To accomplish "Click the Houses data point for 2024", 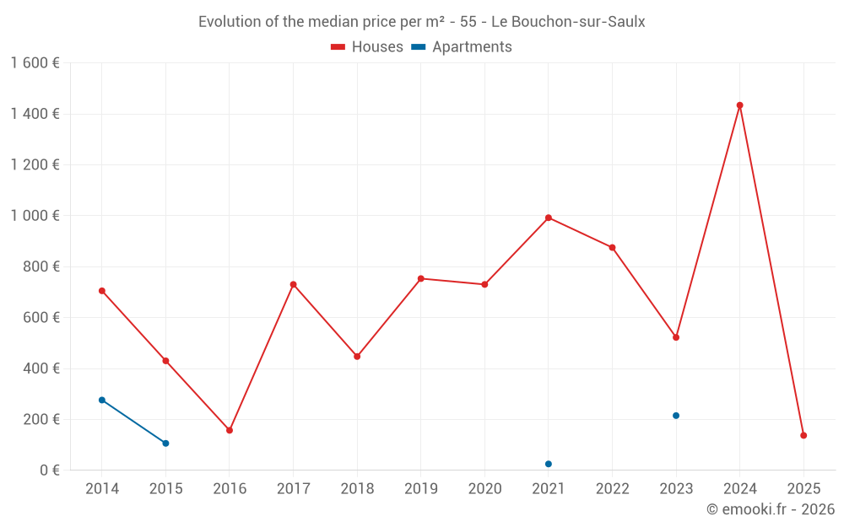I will [x=740, y=105].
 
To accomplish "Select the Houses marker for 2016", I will [x=230, y=430].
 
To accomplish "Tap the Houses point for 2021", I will [x=549, y=218].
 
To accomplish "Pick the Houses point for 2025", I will [x=803, y=435].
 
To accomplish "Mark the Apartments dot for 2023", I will [x=676, y=416].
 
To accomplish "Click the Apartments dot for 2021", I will [x=549, y=464].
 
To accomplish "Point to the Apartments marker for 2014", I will [x=102, y=400].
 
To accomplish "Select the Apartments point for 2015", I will [x=165, y=444].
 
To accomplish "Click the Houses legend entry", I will [x=367, y=47].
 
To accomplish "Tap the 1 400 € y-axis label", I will [x=35, y=114].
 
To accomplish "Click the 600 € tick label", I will [x=41, y=318].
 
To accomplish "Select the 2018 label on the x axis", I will [x=357, y=489].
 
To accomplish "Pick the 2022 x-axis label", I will [x=612, y=489].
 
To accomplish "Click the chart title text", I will [x=421, y=22].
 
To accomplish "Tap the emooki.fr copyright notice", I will [x=770, y=509].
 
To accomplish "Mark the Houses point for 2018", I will [x=357, y=357].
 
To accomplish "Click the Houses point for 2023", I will [x=676, y=337].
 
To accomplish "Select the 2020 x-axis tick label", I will [x=484, y=489].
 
